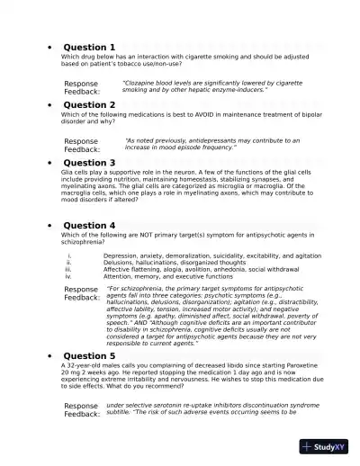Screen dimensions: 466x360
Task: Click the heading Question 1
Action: pyautogui.click(x=88, y=47)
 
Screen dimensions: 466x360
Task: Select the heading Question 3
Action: pyautogui.click(x=88, y=163)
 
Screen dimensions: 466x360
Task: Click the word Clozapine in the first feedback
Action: pyautogui.click(x=140, y=83)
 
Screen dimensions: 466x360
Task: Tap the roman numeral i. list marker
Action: pyautogui.click(x=69, y=255)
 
